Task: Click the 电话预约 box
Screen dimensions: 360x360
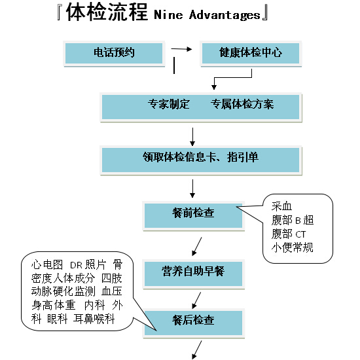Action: point(114,54)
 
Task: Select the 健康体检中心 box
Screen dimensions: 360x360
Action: point(251,54)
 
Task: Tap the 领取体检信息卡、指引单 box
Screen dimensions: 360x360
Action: point(201,160)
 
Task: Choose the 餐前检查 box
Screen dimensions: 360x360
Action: point(194,216)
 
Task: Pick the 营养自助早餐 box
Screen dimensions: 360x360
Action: point(194,274)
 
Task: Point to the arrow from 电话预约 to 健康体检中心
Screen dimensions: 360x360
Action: point(181,49)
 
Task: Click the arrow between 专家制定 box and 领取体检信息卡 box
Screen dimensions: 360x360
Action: point(192,137)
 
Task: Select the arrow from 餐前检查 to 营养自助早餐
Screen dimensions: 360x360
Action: point(197,247)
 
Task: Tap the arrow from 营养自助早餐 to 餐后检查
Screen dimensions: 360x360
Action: point(196,300)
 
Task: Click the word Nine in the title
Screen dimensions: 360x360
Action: point(168,15)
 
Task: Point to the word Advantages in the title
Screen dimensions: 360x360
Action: point(225,16)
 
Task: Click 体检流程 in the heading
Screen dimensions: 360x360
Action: point(107,12)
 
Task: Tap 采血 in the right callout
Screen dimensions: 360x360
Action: point(281,206)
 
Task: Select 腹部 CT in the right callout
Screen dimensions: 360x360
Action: point(289,234)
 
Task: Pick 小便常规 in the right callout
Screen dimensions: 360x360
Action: point(293,247)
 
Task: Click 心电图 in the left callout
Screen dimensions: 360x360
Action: point(47,264)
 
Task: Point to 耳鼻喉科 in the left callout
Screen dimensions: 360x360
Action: point(94,319)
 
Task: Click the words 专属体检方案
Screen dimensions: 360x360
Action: point(242,104)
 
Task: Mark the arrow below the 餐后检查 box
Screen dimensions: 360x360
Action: point(197,350)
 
